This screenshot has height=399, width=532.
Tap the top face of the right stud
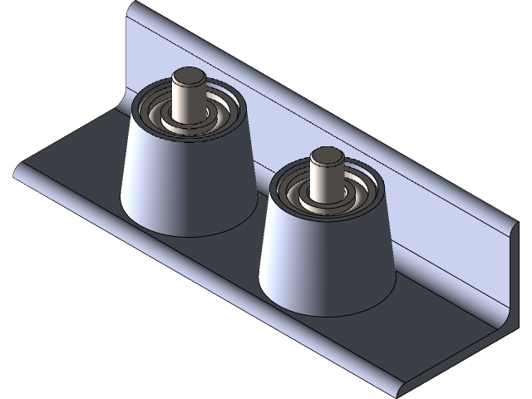click(326, 154)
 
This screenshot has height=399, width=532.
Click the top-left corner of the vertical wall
click(131, 3)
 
